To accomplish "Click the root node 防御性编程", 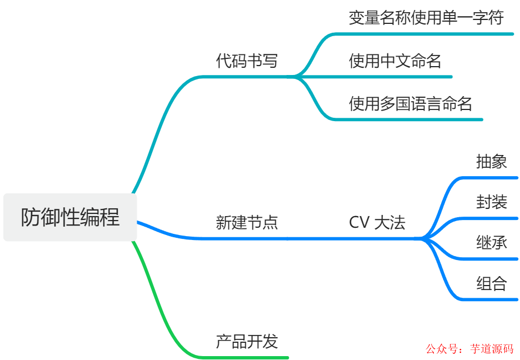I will click(x=70, y=217).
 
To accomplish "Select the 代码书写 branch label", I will click(x=247, y=61).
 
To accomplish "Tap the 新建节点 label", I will click(x=247, y=223).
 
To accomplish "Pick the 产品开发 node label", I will click(x=247, y=341).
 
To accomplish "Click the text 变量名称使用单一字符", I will click(x=426, y=18).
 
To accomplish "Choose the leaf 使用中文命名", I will click(x=395, y=61).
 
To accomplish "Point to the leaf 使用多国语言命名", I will click(x=410, y=103).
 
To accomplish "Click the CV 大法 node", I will click(x=377, y=223).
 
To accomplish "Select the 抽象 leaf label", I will click(x=491, y=161).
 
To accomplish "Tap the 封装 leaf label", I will click(x=491, y=202).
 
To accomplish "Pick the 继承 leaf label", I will click(x=491, y=242).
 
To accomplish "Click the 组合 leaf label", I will click(x=491, y=283).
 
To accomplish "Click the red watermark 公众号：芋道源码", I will click(x=470, y=349).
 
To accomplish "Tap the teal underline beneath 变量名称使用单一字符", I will click(x=428, y=34).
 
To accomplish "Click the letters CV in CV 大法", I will click(x=359, y=223).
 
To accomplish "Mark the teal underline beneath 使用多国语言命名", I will click(x=411, y=119).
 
